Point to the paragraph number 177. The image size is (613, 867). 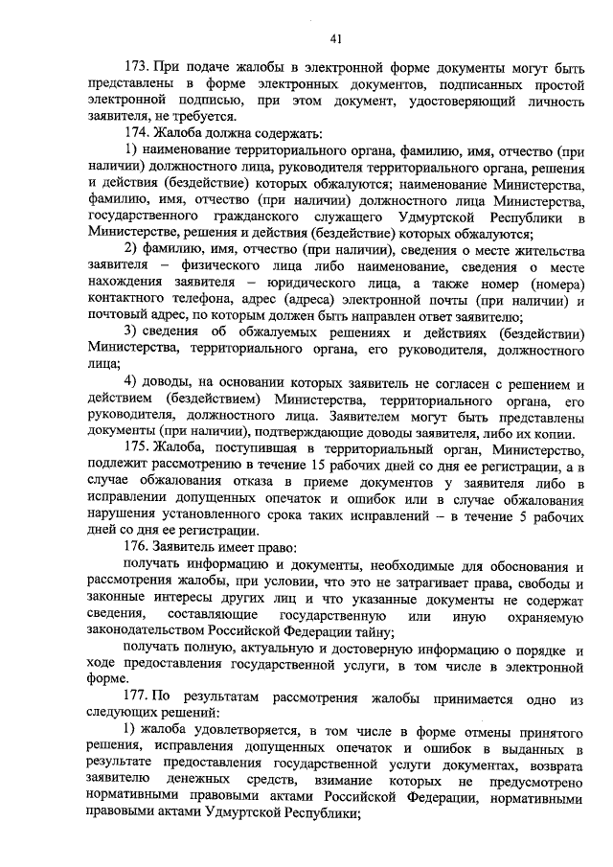tap(139, 699)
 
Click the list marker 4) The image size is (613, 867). tap(132, 384)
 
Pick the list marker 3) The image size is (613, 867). tap(132, 333)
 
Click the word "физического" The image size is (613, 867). tap(221, 266)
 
